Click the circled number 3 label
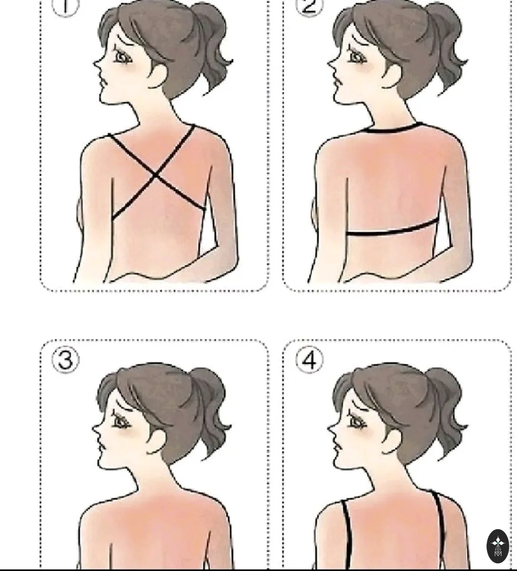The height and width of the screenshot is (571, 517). coord(66,360)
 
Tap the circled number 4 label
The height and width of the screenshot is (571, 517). coord(309,360)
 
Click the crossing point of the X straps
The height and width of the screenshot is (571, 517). coord(156,175)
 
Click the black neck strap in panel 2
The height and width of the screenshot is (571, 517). coord(393,128)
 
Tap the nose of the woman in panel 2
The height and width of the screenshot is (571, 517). coord(331,65)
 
